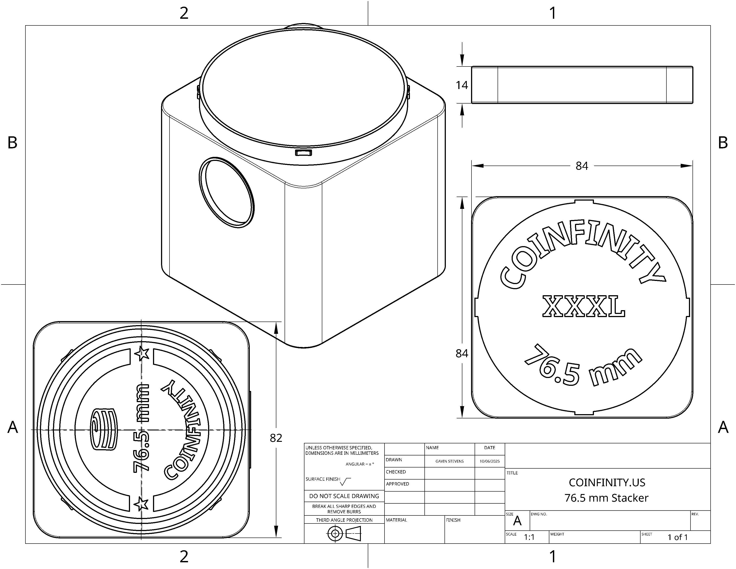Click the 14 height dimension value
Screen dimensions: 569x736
(x=462, y=85)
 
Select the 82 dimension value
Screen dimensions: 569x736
(x=276, y=438)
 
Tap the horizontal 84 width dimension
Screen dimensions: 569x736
(x=582, y=166)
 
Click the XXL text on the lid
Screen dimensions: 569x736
(x=584, y=306)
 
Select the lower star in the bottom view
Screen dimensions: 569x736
(x=141, y=504)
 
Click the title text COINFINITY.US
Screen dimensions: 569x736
(x=607, y=483)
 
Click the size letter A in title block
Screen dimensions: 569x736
(x=517, y=521)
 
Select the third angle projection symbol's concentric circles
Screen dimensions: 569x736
(x=335, y=534)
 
